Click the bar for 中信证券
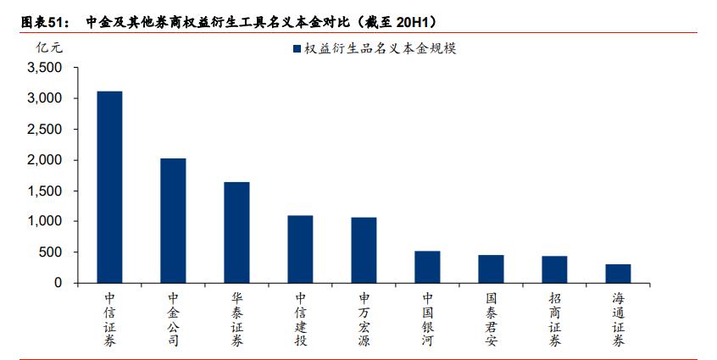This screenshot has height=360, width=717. coord(109,187)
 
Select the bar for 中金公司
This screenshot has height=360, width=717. coord(173,220)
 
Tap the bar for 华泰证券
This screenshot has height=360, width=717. coord(236,232)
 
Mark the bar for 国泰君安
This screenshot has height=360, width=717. coord(491,269)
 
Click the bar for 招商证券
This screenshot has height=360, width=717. coord(554,269)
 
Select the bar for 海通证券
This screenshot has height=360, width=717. coord(618,274)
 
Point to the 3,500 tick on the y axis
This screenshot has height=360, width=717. coord(45,68)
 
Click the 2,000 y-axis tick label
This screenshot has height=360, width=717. coord(45,160)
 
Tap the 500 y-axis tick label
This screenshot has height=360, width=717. coord(52,252)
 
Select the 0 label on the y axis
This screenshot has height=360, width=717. coord(58,283)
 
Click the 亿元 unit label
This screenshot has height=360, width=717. coord(49,48)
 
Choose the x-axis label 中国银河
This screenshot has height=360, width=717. coord(427,319)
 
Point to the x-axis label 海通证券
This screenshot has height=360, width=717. coord(618,319)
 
